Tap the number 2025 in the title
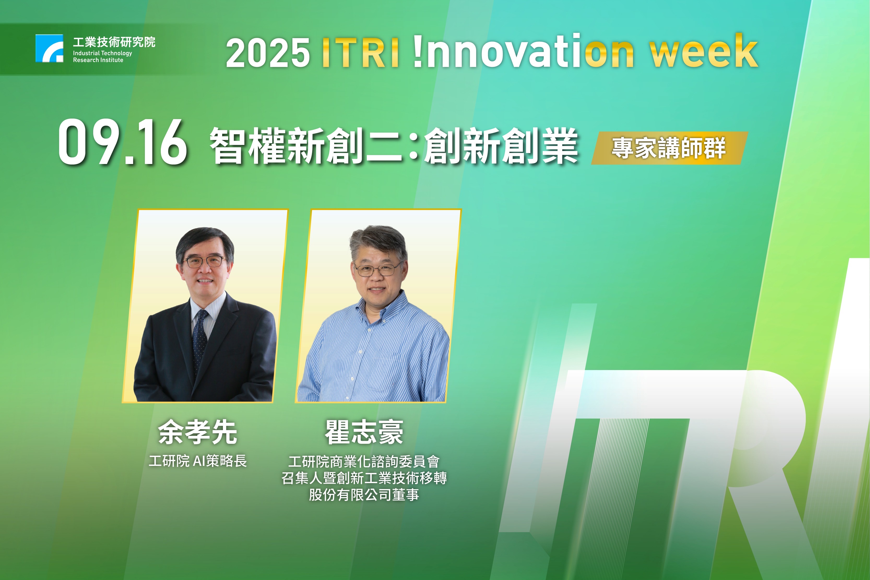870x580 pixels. (x=268, y=53)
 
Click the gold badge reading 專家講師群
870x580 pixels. (x=670, y=148)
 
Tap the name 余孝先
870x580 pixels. (x=197, y=432)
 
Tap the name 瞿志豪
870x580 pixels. (x=364, y=432)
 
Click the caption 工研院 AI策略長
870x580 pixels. (x=197, y=461)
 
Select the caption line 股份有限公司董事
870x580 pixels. (x=364, y=495)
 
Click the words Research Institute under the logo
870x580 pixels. (x=98, y=60)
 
